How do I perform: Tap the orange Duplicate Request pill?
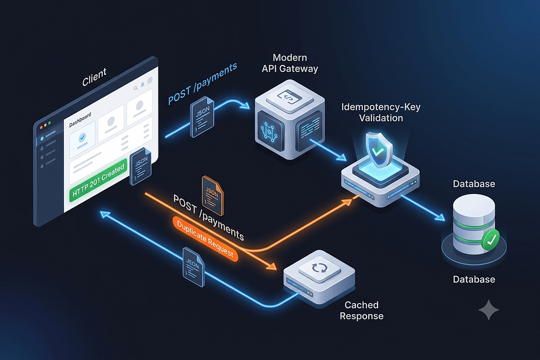click(205, 239)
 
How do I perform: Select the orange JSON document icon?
click(213, 195)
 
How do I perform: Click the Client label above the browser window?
click(95, 77)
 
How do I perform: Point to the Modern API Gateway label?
click(290, 63)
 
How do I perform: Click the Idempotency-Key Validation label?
click(381, 112)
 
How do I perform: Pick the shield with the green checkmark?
click(379, 150)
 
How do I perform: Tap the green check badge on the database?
click(491, 239)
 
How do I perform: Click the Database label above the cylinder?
click(474, 184)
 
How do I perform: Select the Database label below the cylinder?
click(474, 279)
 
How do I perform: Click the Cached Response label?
click(362, 311)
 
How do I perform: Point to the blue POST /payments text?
click(203, 84)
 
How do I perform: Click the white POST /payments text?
click(208, 218)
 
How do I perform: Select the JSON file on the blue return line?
click(193, 267)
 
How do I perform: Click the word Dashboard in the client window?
click(80, 120)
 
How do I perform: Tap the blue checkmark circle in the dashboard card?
click(82, 138)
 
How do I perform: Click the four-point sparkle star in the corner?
click(489, 309)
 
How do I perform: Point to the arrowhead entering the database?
click(440, 217)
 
